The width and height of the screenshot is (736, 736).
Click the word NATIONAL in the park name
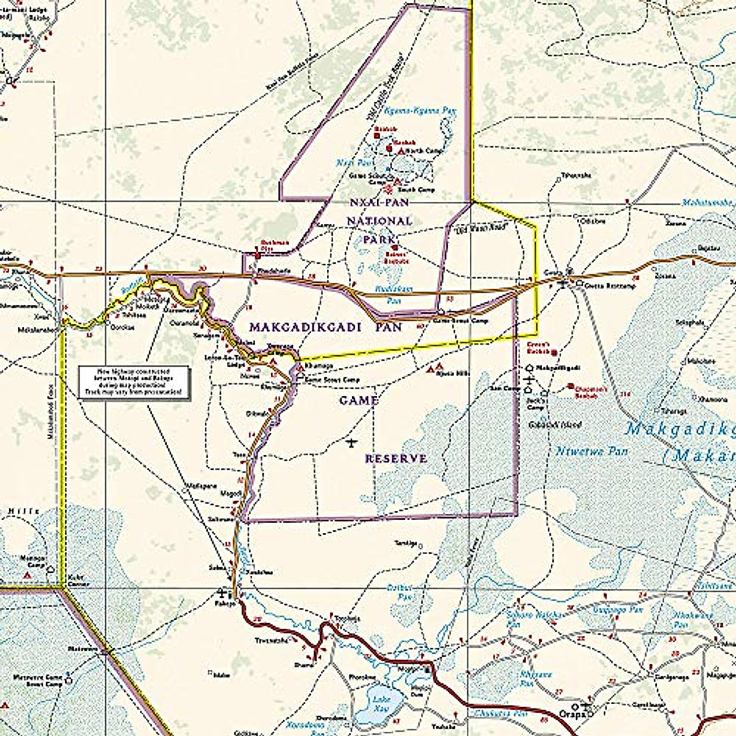pos(380,220)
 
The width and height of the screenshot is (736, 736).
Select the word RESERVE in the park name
pos(396,459)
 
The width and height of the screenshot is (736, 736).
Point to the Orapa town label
pos(569,714)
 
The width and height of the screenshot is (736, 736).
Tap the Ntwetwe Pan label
pos(583,451)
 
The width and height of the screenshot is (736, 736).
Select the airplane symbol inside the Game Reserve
pos(351,442)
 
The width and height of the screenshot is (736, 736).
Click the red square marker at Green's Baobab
pos(554,353)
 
